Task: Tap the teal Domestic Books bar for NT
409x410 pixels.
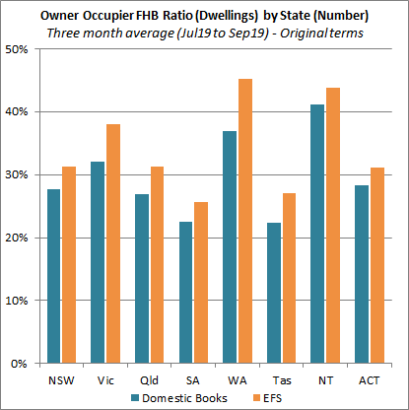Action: (316, 234)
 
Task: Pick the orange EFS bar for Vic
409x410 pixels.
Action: (113, 243)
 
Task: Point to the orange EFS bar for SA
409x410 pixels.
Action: (201, 282)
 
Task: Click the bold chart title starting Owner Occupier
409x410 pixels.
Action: (205, 15)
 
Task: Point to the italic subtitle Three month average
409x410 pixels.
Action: (205, 32)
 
